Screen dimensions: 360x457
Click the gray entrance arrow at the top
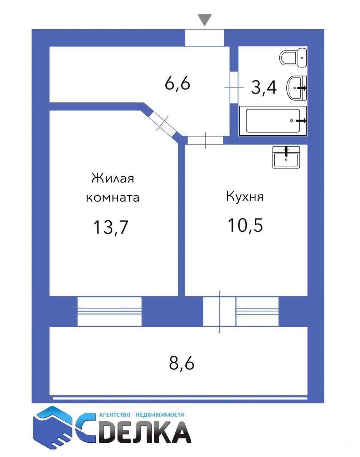205,20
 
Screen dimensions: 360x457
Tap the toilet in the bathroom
293,57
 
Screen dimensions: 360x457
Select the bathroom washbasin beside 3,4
297,88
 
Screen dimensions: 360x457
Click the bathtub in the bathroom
273,121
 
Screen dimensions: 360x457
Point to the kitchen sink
286,157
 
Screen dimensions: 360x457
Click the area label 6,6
177,84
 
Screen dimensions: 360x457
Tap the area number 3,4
264,87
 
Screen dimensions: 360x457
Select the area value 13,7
110,227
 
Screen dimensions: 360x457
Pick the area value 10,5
245,225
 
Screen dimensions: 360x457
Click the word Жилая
112,178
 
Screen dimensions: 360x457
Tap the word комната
112,198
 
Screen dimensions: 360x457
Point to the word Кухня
245,196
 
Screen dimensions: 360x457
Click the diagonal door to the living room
162,123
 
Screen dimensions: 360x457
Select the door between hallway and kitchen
205,140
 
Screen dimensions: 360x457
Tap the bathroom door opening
234,87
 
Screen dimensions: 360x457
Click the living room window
109,311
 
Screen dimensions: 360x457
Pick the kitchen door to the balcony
219,311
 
